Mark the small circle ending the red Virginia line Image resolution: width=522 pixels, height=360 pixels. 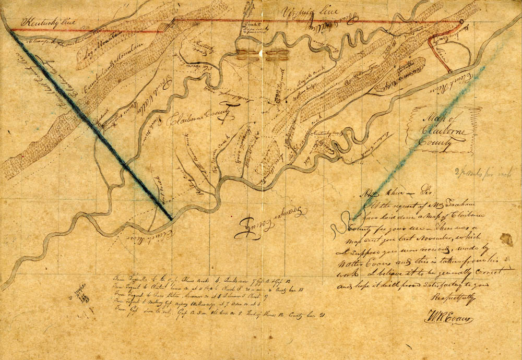tap(461, 22)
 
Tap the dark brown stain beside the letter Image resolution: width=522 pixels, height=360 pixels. tap(506, 240)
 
